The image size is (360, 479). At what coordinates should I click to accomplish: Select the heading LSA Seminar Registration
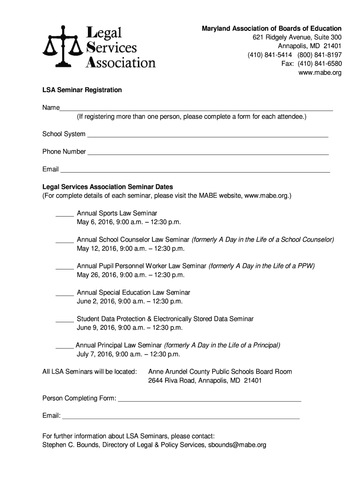pos(82,90)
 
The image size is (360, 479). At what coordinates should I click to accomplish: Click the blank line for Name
pos(196,109)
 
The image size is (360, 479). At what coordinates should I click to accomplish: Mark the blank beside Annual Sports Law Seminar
pos(65,215)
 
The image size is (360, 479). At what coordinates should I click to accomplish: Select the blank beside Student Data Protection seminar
pos(65,321)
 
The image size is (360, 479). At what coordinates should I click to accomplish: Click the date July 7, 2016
pos(96,354)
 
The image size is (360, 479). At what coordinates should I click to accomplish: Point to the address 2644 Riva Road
pos(172,381)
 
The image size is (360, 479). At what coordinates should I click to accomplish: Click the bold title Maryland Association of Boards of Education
pos(272,29)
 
